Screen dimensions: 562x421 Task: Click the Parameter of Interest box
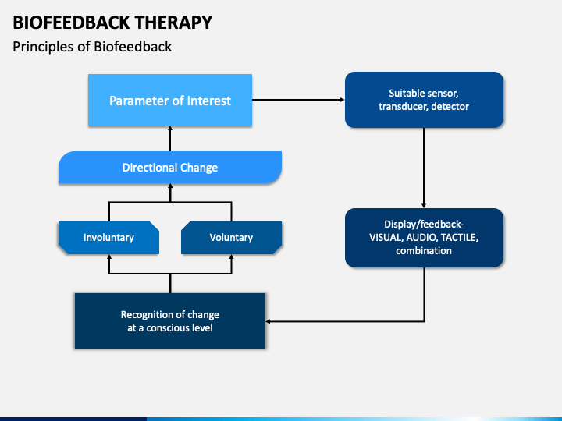coord(170,100)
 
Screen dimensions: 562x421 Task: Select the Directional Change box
coord(170,167)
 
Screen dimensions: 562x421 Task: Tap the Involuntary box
coord(108,238)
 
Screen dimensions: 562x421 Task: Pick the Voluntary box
coord(231,238)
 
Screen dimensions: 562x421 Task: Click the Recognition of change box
coord(170,321)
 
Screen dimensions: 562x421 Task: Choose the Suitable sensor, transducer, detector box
coord(424,100)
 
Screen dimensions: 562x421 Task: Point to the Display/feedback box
coord(424,238)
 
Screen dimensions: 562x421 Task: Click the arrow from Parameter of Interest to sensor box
coord(298,100)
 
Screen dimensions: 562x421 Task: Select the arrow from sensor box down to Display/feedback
coord(424,168)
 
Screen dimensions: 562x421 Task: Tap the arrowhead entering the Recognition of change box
coord(268,321)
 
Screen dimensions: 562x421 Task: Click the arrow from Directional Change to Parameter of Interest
coord(170,139)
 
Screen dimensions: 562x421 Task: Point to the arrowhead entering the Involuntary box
coord(109,256)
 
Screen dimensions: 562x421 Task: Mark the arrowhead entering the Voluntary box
coord(231,256)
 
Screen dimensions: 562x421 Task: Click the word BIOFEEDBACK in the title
coord(71,23)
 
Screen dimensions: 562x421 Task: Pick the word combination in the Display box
coord(424,250)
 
